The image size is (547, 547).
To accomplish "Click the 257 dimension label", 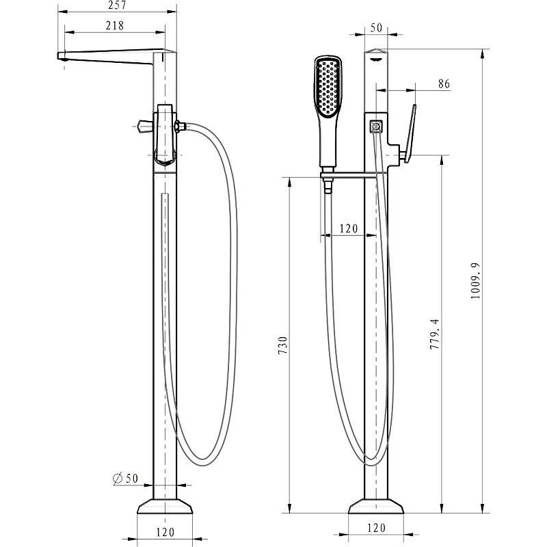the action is [x=117, y=5].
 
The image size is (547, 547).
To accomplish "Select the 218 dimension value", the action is [x=115, y=25].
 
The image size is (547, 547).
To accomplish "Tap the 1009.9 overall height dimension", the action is [x=475, y=280].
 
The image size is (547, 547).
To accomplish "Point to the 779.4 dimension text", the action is [x=435, y=334].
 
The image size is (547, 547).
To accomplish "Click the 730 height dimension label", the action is [x=282, y=345].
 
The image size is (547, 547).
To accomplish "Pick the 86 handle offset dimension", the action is [x=444, y=84].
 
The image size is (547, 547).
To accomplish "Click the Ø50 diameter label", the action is [x=126, y=478].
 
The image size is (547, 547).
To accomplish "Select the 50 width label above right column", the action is [x=377, y=27].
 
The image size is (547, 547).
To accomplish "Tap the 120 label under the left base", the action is [x=165, y=533].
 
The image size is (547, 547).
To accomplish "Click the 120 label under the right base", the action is [x=377, y=528].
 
